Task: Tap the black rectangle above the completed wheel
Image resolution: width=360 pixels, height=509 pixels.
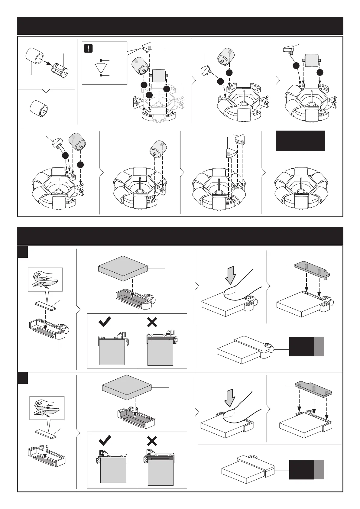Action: tap(300, 141)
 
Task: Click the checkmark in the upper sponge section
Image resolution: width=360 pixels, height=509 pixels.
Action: tap(105, 322)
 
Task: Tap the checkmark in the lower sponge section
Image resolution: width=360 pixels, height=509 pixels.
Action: tap(105, 440)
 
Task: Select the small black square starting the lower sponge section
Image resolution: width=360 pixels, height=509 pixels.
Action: tap(22, 378)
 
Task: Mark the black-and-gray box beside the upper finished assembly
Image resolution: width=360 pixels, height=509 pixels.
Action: tap(306, 347)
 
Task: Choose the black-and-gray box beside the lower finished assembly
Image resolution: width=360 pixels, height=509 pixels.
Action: tap(306, 470)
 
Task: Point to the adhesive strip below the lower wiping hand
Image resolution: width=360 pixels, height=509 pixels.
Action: tap(45, 434)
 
